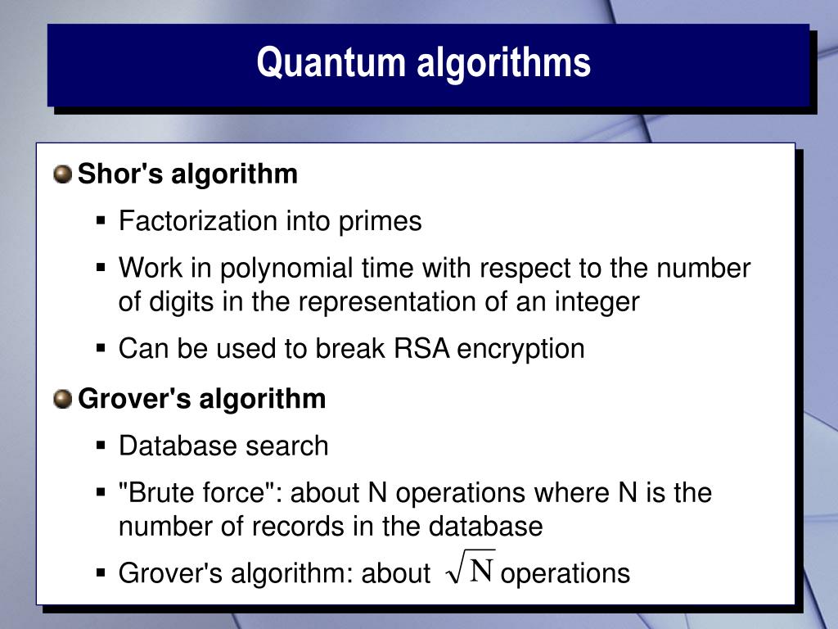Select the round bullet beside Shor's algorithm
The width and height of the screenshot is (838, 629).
(x=63, y=174)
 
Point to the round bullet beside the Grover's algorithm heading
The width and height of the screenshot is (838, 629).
(x=63, y=400)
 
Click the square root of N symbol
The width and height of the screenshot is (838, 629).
(x=471, y=569)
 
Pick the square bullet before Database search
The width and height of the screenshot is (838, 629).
(x=101, y=446)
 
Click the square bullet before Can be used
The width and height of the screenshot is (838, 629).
(x=101, y=349)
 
